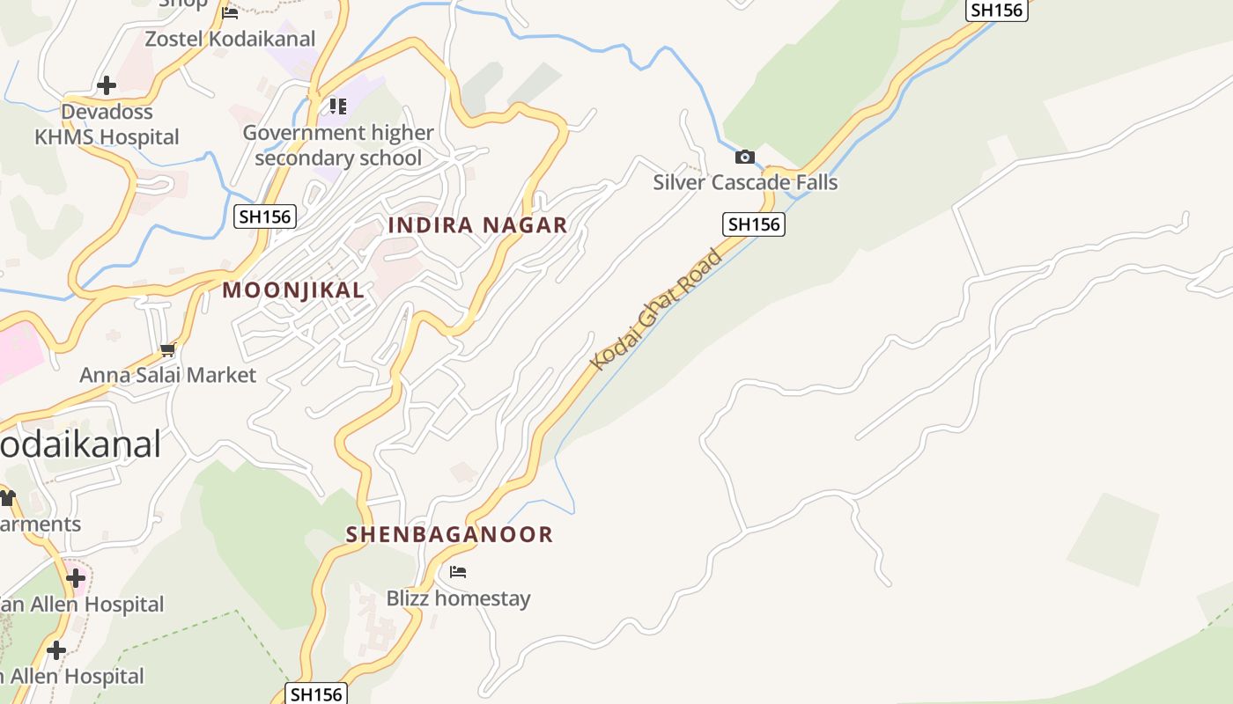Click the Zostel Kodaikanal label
[x=230, y=39]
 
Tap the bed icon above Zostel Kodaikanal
[x=230, y=12]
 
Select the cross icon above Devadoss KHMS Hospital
[x=107, y=85]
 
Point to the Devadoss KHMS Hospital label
[x=107, y=124]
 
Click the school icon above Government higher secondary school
[x=337, y=106]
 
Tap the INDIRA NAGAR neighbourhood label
[x=478, y=225]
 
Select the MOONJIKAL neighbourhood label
[x=293, y=290]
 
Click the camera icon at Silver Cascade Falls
[x=745, y=157]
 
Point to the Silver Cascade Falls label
[x=745, y=182]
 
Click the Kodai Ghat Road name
[x=656, y=310]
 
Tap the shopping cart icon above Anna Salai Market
[x=167, y=350]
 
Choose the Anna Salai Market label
[x=167, y=376]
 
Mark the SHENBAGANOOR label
[x=449, y=534]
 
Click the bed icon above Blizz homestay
[x=458, y=572]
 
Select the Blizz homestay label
[x=458, y=598]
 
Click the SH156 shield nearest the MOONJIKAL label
[x=264, y=216]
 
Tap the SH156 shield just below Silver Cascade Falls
[x=753, y=224]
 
